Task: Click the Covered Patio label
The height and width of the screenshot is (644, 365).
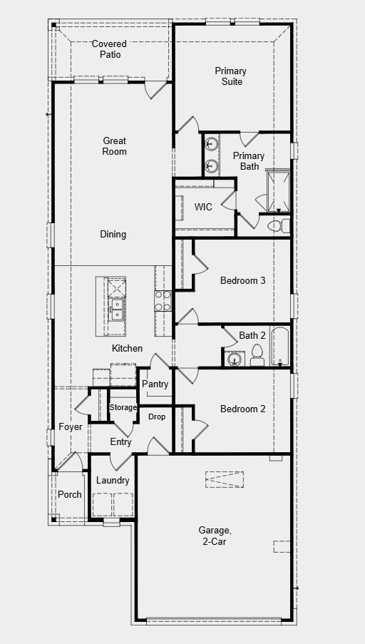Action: click(x=109, y=49)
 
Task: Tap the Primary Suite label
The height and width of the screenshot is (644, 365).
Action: click(x=230, y=76)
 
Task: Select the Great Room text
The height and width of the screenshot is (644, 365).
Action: click(x=114, y=146)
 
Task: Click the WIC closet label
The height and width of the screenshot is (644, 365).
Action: click(x=203, y=207)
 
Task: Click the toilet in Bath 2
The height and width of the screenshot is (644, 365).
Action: click(x=257, y=355)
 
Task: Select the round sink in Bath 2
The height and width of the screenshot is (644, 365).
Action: click(x=233, y=359)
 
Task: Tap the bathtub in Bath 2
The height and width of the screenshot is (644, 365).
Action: click(x=279, y=347)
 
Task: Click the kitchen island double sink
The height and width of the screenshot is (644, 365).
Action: click(x=115, y=309)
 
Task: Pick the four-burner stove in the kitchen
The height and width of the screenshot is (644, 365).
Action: click(x=163, y=301)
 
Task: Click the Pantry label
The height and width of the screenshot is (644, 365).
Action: click(x=155, y=384)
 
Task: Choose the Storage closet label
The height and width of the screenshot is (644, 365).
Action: click(x=123, y=407)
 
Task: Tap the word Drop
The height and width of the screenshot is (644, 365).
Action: click(x=157, y=416)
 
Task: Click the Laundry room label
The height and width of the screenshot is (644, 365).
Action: click(x=113, y=481)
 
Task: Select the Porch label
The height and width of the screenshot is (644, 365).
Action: click(x=70, y=494)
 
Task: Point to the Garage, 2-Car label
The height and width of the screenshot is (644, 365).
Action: click(x=214, y=536)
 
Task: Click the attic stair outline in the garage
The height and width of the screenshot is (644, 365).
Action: click(x=225, y=479)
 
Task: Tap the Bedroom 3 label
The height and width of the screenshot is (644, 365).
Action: click(x=242, y=280)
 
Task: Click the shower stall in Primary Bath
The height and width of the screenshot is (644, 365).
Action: click(x=277, y=190)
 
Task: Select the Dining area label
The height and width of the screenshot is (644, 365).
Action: click(x=113, y=234)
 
